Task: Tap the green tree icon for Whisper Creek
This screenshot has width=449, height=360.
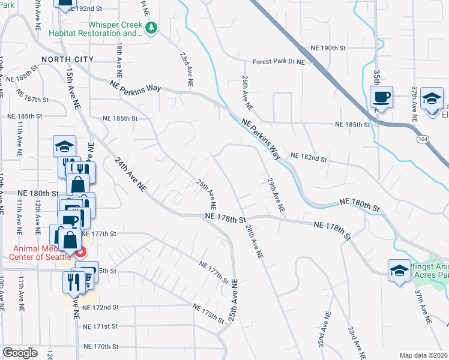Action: tap(152, 28)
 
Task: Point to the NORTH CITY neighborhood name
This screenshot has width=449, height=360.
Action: tap(67, 59)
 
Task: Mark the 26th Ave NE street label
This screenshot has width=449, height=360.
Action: tap(246, 92)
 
